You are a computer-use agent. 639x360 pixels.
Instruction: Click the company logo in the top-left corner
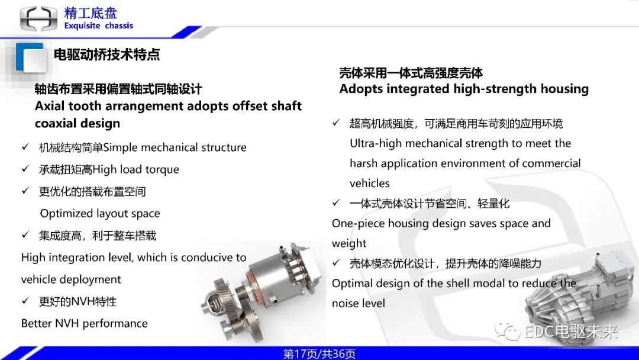[x=39, y=18]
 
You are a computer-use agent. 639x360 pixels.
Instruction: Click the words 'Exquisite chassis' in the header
[x=98, y=26]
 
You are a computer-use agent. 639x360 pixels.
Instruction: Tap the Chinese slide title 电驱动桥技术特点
[x=106, y=55]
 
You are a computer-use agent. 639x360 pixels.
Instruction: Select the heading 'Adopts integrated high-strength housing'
[x=464, y=89]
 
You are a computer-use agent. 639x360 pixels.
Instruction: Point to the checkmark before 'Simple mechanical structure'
[x=25, y=147]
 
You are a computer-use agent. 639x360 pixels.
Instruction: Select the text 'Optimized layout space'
[x=100, y=213]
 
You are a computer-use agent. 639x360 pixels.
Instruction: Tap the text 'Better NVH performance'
[x=84, y=323]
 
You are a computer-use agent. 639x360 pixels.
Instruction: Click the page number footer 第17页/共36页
[x=319, y=354]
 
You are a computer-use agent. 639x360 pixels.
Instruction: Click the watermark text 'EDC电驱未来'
[x=571, y=332]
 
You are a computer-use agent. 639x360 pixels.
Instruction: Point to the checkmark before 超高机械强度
[x=336, y=123]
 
